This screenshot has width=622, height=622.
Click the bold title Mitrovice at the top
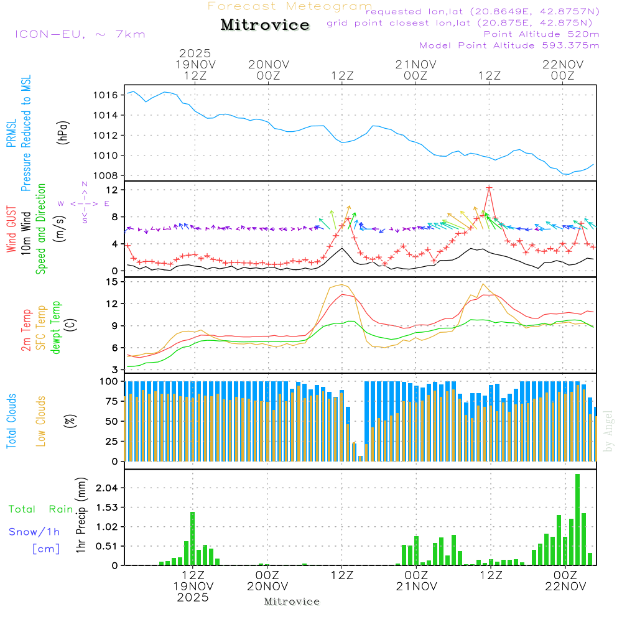pos(265,25)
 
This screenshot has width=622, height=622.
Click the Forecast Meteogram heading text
pos(290,6)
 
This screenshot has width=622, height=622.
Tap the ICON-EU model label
pos(80,34)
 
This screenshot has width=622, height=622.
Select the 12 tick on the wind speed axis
pos(113,189)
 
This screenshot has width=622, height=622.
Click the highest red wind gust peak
pos(490,187)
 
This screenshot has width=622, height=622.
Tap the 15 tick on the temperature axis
pos(113,282)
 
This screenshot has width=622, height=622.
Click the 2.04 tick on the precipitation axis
pos(106,488)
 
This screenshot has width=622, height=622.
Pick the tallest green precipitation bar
pos(577,519)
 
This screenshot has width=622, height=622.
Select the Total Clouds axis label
pos(12,421)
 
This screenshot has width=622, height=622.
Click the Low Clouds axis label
pos(41,421)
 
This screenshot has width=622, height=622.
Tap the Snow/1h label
pos(35,532)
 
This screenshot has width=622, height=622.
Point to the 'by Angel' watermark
pos(609,431)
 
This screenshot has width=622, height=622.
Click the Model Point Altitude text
pos(509,45)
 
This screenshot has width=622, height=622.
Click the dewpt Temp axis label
pos(56,328)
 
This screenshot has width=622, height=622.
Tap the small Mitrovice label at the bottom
pos(292,601)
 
